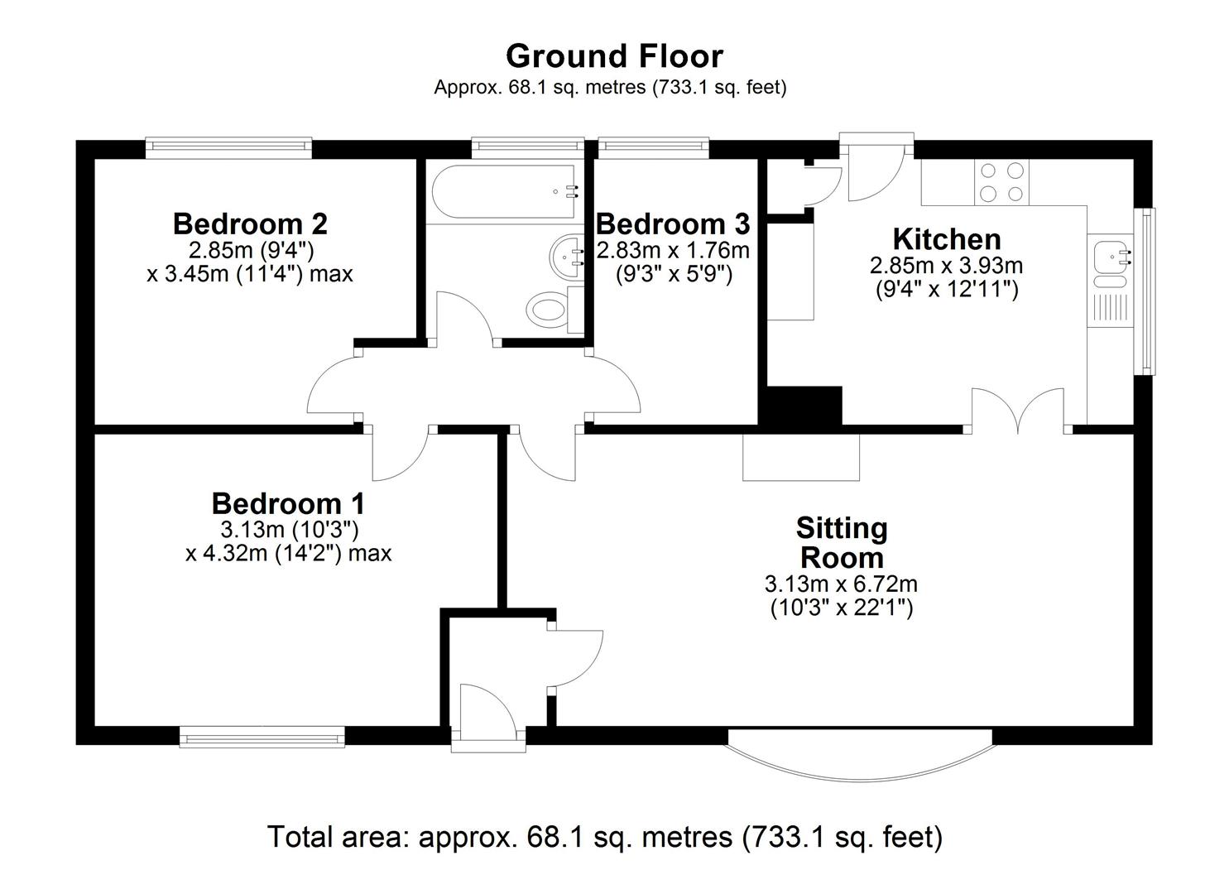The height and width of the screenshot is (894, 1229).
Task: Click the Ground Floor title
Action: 614,56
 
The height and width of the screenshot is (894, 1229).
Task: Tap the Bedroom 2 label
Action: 250,223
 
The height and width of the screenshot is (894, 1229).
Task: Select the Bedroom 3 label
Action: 673,223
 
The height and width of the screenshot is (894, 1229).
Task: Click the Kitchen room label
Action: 947,239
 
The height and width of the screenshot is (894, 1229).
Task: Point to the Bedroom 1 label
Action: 288,503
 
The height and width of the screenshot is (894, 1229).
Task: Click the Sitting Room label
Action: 842,542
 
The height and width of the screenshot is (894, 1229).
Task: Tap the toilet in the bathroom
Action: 547,310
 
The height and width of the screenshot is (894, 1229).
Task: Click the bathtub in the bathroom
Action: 503,192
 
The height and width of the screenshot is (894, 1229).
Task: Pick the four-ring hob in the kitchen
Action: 1001,183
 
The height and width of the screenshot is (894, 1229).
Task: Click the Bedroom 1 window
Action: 262,736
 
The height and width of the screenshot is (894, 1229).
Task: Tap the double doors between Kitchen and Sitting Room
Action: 1018,411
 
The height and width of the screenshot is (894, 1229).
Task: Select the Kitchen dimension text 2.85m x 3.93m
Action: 946,266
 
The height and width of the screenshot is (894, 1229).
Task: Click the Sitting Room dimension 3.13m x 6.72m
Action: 841,584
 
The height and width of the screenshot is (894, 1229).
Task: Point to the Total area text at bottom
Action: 605,837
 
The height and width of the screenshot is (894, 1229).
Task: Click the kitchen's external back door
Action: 877,170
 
